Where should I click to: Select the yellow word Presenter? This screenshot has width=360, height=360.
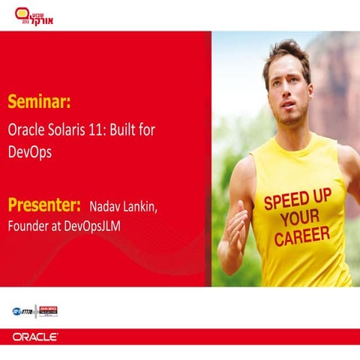(x=44, y=204)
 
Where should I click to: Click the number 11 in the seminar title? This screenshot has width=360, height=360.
(x=100, y=128)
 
